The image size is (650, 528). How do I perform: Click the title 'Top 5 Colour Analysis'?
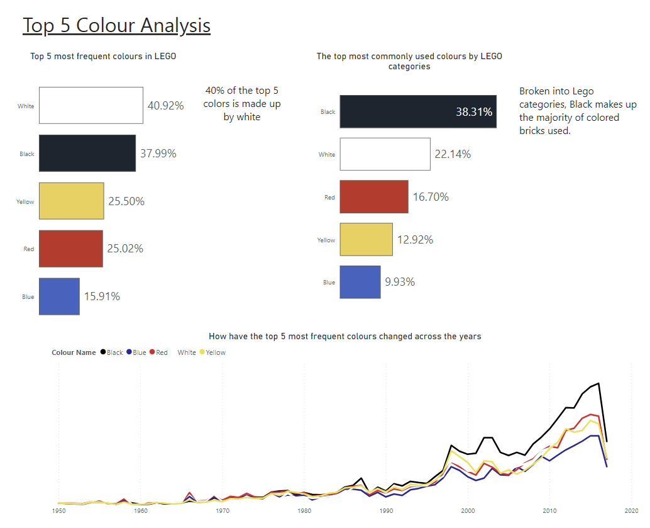point(116,25)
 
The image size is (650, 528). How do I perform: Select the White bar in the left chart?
point(91,106)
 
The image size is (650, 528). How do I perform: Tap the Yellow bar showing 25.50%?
point(71,201)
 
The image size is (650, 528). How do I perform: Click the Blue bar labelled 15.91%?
point(59,296)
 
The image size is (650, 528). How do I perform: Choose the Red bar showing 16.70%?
point(373,197)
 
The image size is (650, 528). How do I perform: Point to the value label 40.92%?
point(165,106)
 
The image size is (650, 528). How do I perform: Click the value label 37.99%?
point(158,154)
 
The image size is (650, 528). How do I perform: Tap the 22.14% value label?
point(452,154)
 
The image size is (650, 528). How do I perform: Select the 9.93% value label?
point(400,282)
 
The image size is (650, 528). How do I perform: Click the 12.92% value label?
point(415,240)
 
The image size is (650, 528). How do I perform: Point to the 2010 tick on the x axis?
point(549,510)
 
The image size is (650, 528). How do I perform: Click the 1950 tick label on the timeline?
point(58,510)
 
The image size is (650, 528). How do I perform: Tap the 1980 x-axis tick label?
point(304,510)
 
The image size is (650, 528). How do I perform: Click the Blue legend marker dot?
point(129,352)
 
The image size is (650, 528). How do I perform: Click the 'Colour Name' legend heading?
point(74,352)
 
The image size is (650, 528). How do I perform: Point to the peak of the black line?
point(598,383)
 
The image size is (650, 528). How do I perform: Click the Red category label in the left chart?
point(28,249)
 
